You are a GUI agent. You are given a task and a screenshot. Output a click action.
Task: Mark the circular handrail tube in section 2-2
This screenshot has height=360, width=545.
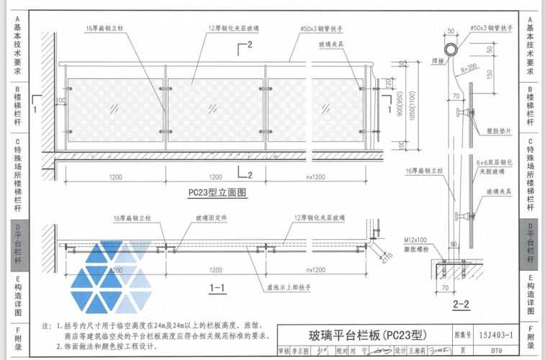(452, 50)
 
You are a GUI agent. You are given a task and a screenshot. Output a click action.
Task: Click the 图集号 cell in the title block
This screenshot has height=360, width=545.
(461, 335)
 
